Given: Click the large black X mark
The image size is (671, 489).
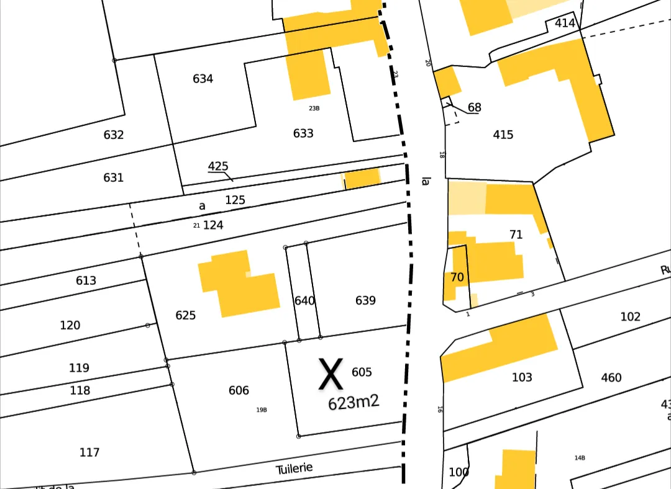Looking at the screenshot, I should point(331,374).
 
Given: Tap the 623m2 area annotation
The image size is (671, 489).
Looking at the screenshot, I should point(354,403).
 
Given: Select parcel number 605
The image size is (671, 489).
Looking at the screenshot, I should point(362,372).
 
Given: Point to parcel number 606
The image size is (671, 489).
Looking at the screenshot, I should point(239,390).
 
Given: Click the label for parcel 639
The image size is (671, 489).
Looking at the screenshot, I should point(365,300).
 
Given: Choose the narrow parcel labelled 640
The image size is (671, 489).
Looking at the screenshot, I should point(304,300).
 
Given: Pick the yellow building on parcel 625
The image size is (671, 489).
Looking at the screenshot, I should point(239,284).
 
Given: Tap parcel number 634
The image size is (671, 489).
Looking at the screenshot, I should point(203,79).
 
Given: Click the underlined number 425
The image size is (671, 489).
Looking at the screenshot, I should point(218,166).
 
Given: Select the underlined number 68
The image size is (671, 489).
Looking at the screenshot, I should point(474,107).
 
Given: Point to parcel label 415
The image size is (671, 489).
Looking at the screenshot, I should point(503,135).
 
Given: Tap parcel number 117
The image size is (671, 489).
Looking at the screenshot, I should point(89,452).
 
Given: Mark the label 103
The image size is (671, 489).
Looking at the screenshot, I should point(522,377).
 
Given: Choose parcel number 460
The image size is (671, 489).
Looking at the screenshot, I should point(611,377).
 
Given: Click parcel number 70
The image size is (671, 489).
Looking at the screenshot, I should point(457,277).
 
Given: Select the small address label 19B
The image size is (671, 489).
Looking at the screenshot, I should point(262,410).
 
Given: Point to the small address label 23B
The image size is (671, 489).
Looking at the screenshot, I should point(314,109).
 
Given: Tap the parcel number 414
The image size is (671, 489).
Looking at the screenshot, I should point(565,24).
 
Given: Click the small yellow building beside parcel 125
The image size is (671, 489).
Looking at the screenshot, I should point(362,179).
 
